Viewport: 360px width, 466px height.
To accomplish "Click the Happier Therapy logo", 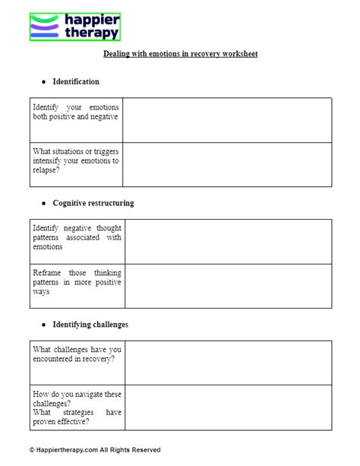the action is (x=74, y=27).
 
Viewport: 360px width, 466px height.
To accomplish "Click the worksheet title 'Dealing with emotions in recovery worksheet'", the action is (x=180, y=55).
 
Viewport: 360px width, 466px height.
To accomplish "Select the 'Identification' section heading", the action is (x=76, y=81).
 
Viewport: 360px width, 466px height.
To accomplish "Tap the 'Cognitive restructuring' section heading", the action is (x=93, y=203).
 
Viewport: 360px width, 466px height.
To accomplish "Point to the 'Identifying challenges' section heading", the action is (x=90, y=324).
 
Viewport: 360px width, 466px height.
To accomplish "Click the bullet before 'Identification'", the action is (x=44, y=81).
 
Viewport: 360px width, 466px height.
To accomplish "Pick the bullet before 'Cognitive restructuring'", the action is (x=44, y=203).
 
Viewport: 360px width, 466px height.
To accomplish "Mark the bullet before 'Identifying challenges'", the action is (x=44, y=324).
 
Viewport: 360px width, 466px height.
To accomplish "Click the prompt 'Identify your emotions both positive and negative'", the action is (x=75, y=112).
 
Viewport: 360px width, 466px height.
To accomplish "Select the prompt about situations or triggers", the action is (x=75, y=160).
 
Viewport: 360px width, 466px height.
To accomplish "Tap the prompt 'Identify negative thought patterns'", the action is (x=77, y=236).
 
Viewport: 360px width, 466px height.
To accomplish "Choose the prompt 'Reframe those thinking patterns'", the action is (x=77, y=281).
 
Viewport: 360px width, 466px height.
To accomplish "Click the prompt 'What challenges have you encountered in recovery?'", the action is (x=75, y=353).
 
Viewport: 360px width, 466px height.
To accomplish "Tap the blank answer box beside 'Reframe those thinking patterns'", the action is (x=228, y=285).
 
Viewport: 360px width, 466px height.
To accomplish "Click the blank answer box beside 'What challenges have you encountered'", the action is (x=228, y=363).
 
